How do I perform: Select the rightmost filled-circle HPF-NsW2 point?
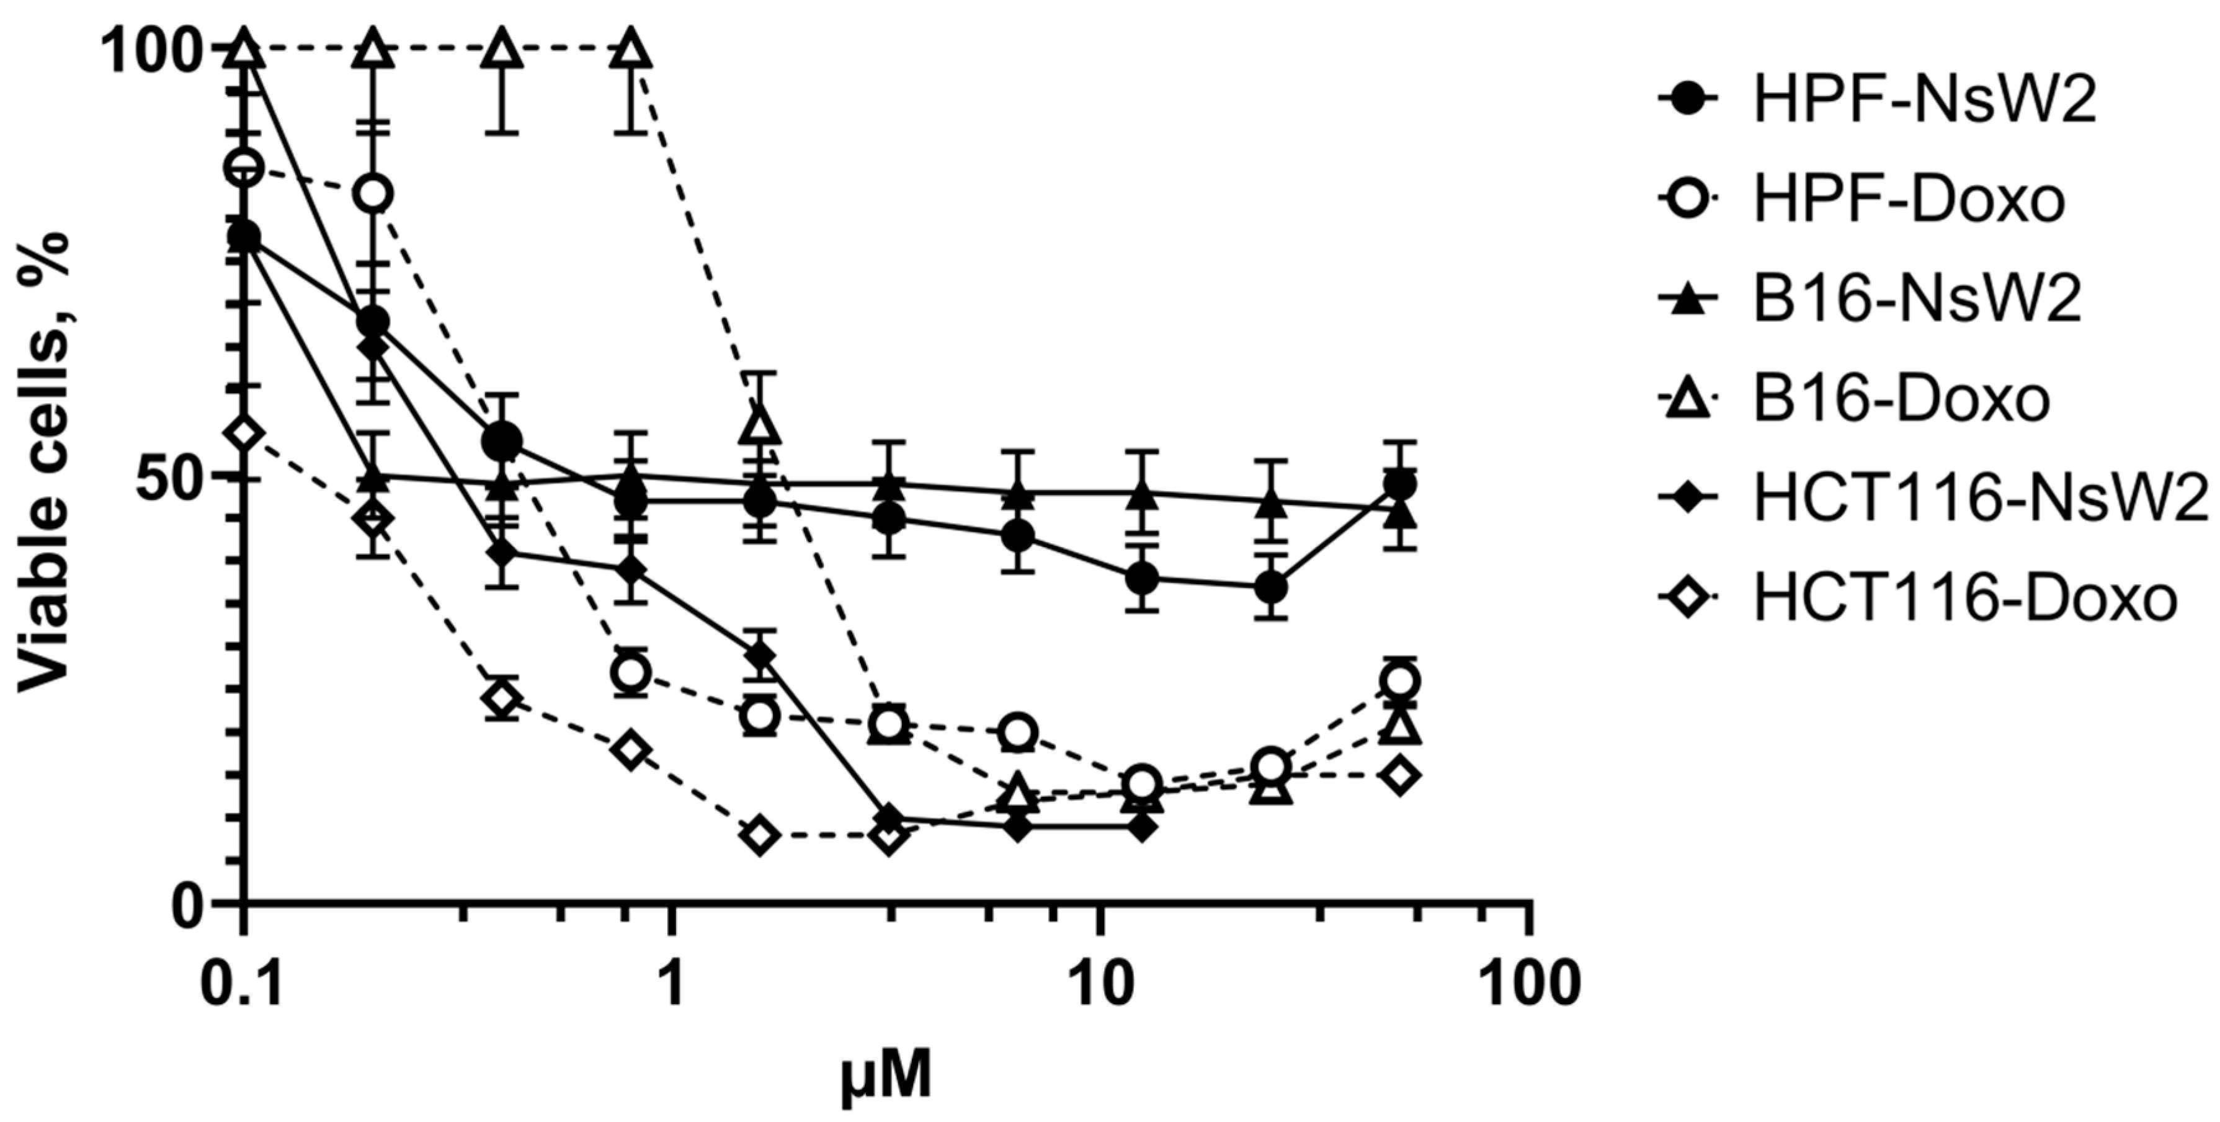1399,485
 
